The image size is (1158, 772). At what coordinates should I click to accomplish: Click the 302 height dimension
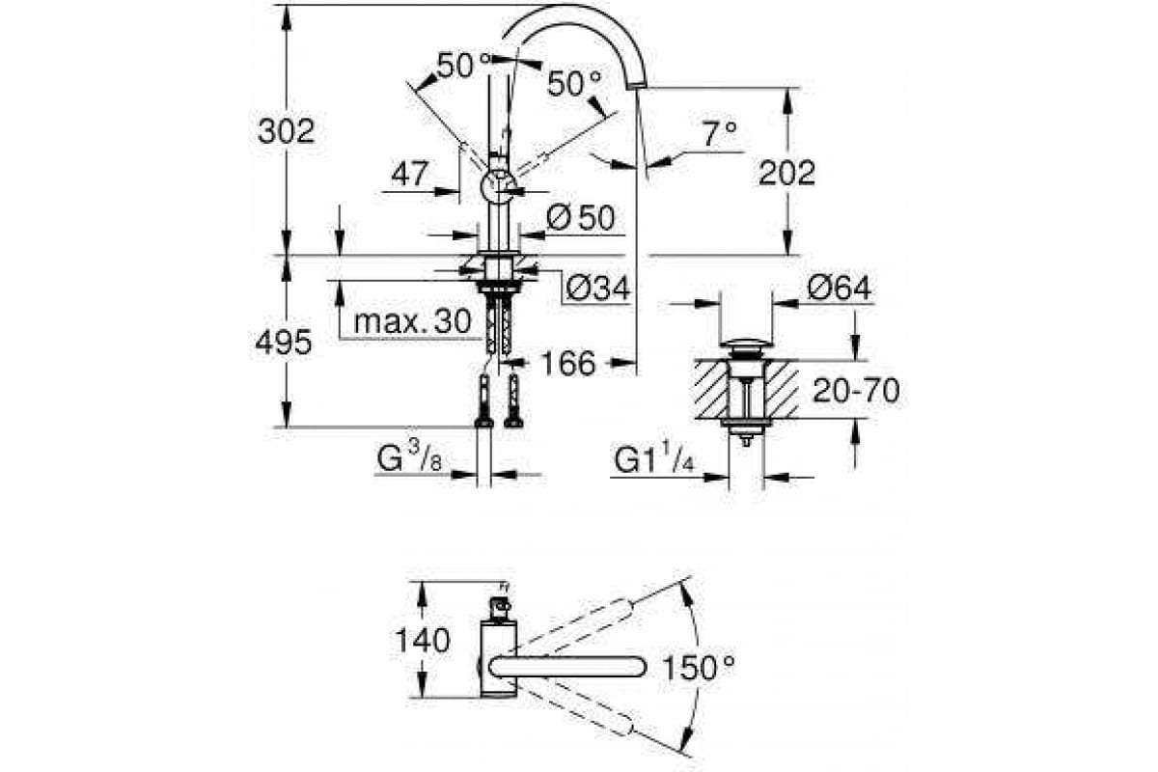click(286, 132)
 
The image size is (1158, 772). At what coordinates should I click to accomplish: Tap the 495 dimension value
click(284, 342)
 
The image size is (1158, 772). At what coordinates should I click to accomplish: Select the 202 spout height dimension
click(786, 173)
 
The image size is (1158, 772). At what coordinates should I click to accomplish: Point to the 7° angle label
click(720, 134)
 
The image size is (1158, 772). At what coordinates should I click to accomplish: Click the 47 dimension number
click(410, 174)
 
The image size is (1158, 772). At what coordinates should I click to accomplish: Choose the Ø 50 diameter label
click(581, 217)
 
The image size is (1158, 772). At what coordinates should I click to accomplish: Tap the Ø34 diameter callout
click(598, 288)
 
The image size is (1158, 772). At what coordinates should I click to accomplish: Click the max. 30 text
click(413, 321)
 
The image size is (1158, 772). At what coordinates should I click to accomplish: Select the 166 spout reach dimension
click(568, 363)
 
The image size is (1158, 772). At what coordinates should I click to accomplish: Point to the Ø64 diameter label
click(839, 288)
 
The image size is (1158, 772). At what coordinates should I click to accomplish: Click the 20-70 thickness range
click(857, 391)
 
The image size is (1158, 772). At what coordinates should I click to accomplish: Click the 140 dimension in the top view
click(423, 641)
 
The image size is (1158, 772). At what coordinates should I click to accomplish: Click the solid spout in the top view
click(567, 667)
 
